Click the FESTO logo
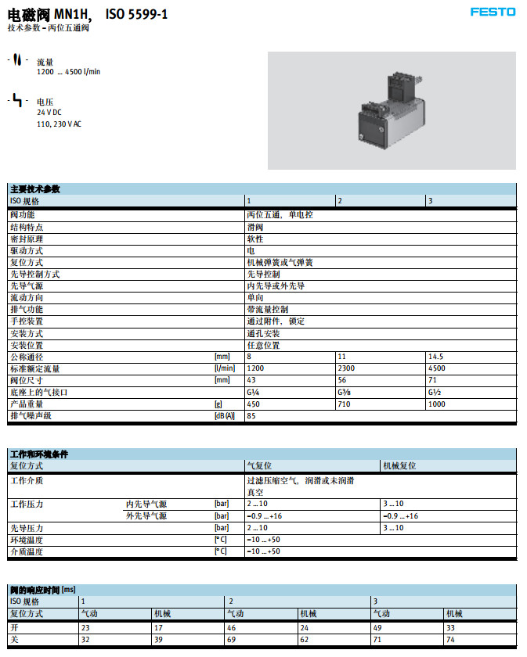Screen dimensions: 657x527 click(493, 12)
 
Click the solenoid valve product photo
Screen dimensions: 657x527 click(392, 110)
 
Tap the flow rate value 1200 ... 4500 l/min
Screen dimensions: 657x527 click(69, 72)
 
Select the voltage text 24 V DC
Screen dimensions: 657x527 click(49, 113)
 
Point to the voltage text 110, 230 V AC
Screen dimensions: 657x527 click(59, 124)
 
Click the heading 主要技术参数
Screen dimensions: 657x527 click(35, 189)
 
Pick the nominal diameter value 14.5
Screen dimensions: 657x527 click(436, 357)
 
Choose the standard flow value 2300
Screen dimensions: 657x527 click(346, 368)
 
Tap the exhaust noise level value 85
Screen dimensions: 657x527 click(251, 416)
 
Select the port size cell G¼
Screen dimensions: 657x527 click(253, 392)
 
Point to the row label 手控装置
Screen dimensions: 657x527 click(27, 321)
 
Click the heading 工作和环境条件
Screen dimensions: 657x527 click(38, 454)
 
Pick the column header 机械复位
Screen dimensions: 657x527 click(399, 465)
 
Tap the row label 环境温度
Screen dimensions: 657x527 click(27, 540)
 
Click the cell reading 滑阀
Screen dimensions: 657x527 click(255, 226)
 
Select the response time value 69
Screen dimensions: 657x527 click(232, 640)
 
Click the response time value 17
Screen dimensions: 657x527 click(158, 627)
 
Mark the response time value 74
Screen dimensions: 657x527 click(449, 640)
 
